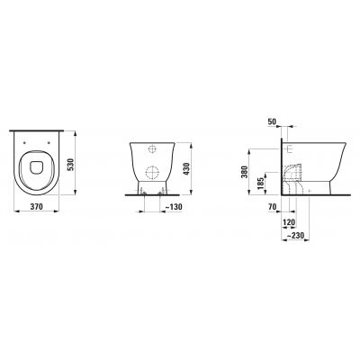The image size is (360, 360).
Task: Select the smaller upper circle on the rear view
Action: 159,147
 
